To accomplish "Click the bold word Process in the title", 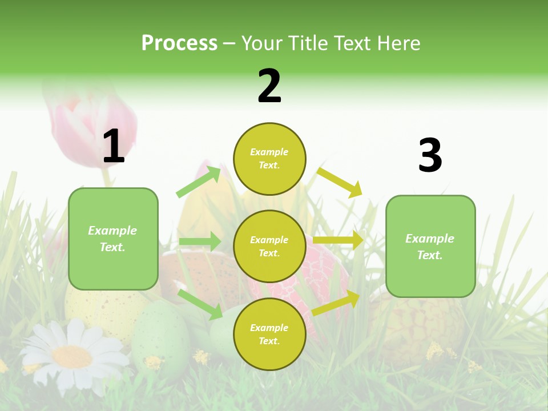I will pos(179,43).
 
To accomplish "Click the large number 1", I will pos(114,146).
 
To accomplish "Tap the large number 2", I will pos(269,86).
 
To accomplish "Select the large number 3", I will pos(430,155).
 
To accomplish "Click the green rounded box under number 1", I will pos(113,239).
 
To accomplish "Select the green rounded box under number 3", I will pos(430,247).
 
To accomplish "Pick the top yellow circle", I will pos(269,159).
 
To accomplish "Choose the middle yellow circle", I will pos(269,247).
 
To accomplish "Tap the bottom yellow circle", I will pos(269,334).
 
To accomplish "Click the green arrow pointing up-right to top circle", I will pos(199,182).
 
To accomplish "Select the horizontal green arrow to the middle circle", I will pos(200,241).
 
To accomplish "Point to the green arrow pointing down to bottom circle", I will pos(200,303).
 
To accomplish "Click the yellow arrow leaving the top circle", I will pos(340,182).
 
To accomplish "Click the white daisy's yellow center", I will pos(72,356).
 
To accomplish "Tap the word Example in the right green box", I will pos(430,239).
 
